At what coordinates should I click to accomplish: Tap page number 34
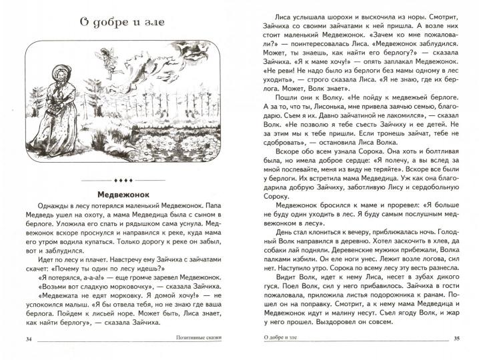tap(28, 339)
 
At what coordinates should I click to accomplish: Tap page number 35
tap(456, 339)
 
